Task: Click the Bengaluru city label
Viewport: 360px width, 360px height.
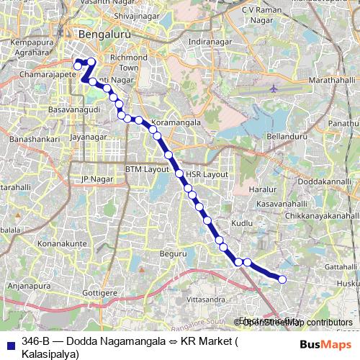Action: pyautogui.click(x=101, y=33)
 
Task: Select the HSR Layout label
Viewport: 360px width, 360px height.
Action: pyautogui.click(x=206, y=174)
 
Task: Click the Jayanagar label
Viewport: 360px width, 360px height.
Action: pyautogui.click(x=89, y=135)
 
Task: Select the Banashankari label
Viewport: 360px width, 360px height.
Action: pyautogui.click(x=31, y=136)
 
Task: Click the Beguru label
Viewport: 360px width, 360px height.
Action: pyautogui.click(x=173, y=253)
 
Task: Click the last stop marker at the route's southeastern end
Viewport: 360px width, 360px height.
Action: pyautogui.click(x=282, y=279)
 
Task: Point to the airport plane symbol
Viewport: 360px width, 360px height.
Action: pyautogui.click(x=274, y=89)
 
